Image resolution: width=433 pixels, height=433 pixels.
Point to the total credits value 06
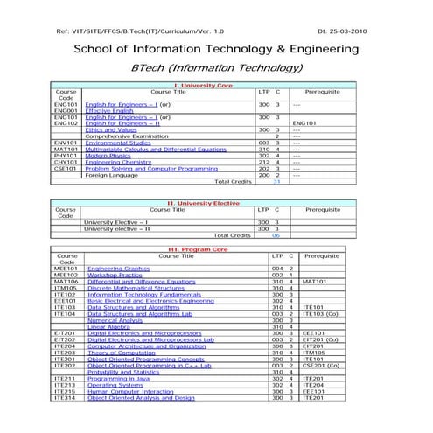(276, 235)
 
